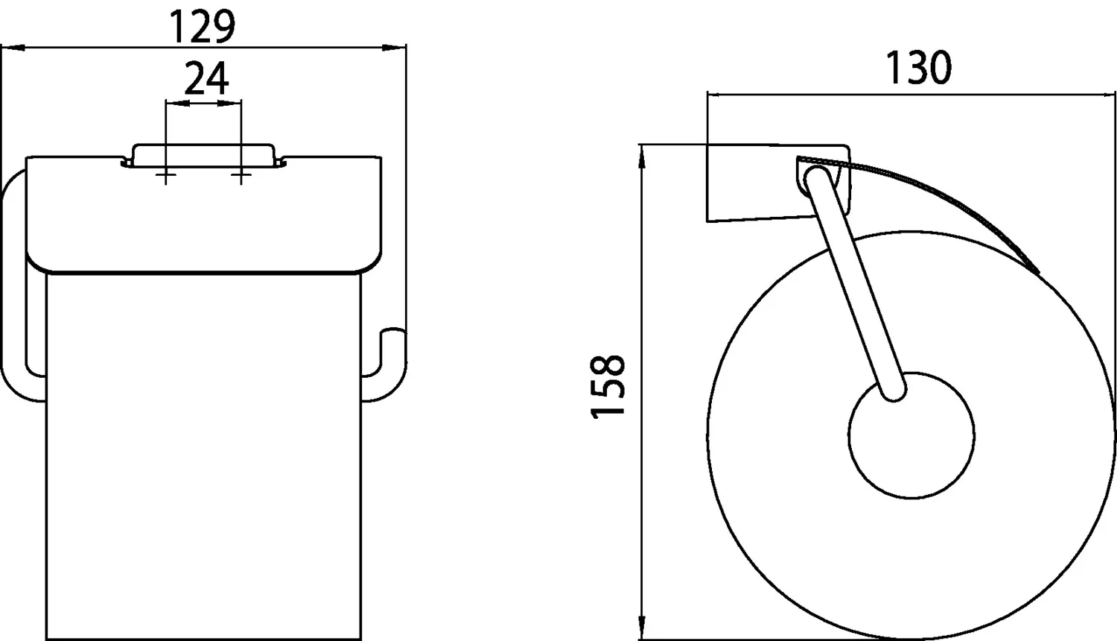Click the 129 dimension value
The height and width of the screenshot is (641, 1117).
(202, 27)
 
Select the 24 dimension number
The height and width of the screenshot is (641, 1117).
(206, 78)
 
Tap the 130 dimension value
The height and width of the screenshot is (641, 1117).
(918, 67)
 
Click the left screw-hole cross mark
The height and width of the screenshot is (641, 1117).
(165, 174)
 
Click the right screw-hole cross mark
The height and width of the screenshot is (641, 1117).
(241, 174)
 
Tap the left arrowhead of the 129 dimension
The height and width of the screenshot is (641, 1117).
(13, 48)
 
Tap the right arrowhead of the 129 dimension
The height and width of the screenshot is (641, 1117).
(394, 48)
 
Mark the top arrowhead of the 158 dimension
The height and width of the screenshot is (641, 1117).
(643, 157)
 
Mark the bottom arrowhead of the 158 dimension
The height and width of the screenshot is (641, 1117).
(643, 627)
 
